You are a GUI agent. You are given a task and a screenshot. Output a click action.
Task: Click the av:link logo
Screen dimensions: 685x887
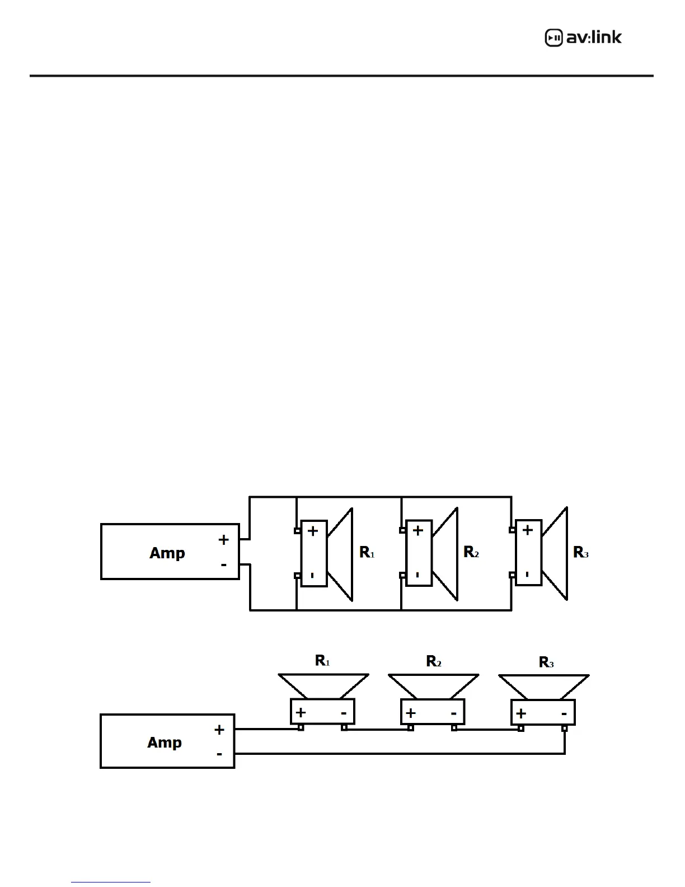point(583,38)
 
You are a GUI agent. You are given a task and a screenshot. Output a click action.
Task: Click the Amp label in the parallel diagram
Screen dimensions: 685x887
point(167,553)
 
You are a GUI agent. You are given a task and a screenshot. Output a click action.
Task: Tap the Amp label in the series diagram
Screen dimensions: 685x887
point(164,743)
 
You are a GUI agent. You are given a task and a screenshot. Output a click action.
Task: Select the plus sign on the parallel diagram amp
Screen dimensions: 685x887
point(224,540)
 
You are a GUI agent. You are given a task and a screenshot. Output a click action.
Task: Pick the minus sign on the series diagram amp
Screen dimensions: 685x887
point(219,754)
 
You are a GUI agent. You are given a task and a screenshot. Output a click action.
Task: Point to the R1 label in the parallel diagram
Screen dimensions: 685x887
point(367,553)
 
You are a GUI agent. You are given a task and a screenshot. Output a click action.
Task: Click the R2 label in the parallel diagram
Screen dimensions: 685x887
point(471,553)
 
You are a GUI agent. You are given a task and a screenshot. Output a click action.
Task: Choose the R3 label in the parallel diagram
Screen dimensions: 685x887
point(581,553)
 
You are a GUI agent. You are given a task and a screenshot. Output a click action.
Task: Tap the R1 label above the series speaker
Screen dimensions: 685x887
point(322,661)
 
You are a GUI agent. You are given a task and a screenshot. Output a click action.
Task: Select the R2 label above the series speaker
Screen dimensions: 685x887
point(434,661)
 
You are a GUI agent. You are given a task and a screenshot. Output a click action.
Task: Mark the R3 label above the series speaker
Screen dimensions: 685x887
point(546,662)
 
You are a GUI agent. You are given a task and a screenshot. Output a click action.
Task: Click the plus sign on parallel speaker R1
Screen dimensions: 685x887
point(313,531)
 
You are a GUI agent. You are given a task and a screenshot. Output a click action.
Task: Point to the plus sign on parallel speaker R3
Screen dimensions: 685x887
point(528,530)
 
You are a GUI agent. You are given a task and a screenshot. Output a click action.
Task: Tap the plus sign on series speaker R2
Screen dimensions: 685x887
point(411,713)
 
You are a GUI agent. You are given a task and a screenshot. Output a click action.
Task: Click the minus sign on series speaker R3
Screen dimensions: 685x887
point(564,713)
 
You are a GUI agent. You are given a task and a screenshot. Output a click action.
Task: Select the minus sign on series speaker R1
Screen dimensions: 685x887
point(344,713)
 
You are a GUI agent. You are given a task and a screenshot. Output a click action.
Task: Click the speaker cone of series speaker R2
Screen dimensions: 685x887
point(433,686)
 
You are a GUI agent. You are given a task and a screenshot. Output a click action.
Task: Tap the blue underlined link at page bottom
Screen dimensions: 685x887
point(111,882)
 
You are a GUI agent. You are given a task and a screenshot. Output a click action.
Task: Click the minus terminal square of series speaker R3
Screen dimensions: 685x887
point(565,729)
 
